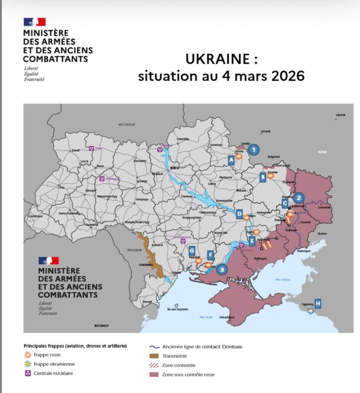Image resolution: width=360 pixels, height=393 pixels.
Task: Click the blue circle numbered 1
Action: tap(253, 149)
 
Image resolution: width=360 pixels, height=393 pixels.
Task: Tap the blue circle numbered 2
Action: tap(300, 198)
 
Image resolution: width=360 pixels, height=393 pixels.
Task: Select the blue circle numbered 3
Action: tap(222, 269)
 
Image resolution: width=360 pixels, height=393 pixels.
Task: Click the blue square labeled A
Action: tap(231, 160)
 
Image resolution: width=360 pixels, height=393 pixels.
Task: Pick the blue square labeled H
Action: tap(318, 303)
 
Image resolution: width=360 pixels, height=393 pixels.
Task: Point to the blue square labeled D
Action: tap(239, 214)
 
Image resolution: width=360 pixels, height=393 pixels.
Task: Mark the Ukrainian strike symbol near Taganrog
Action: tap(310, 311)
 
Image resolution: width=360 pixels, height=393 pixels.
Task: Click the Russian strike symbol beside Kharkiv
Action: tap(270, 177)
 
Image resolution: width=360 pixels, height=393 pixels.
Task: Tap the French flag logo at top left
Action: tap(34, 22)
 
